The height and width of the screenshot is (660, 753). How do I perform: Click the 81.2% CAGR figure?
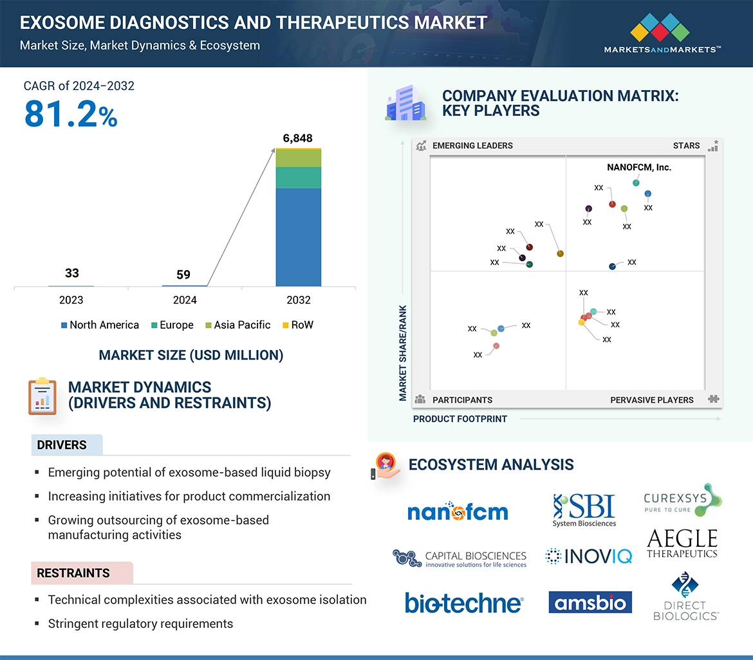pos(71,114)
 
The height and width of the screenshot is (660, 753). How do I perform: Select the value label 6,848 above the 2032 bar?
pos(298,138)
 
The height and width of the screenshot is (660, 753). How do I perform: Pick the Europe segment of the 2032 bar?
pos(298,178)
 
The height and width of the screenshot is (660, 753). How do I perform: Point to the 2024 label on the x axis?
pos(185,300)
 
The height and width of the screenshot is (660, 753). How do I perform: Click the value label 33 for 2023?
pos(72,273)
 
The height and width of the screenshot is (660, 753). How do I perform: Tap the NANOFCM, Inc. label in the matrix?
pos(638,167)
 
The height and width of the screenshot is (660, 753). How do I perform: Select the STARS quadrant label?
pos(686,145)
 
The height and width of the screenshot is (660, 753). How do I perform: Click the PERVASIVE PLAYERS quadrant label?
pos(651,400)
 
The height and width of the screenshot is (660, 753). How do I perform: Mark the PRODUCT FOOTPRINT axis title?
pos(460,419)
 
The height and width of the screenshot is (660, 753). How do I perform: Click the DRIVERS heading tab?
pos(62,445)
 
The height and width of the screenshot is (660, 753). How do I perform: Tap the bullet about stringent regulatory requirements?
pos(140,624)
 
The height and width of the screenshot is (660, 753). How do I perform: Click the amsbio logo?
pos(590,603)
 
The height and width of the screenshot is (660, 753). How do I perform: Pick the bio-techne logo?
pos(463,603)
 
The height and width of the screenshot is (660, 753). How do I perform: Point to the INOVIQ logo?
pos(588,556)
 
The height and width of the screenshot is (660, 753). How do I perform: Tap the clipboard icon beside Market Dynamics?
pos(42,396)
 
